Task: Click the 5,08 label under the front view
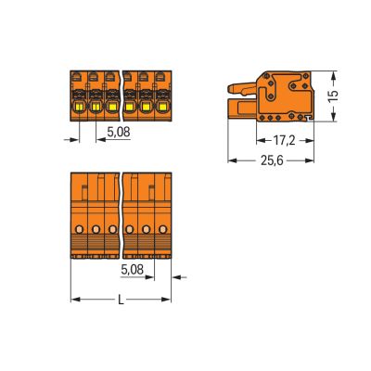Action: click(118, 134)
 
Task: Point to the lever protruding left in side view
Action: click(239, 89)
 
